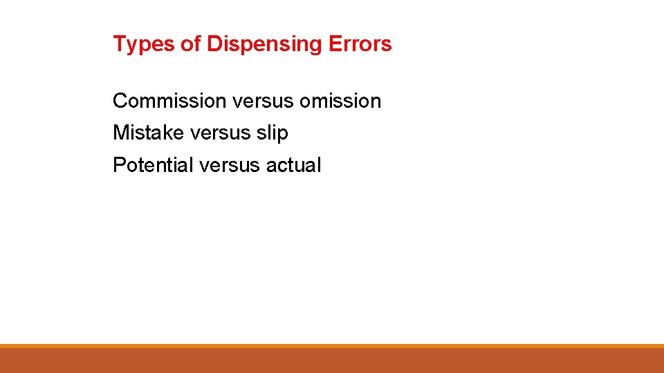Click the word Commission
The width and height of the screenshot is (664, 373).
click(x=169, y=101)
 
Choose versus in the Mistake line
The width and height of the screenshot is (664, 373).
click(x=220, y=133)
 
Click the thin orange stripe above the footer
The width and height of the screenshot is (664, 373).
click(x=332, y=346)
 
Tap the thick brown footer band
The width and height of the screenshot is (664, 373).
click(x=332, y=361)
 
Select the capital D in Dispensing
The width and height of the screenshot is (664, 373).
click(x=214, y=44)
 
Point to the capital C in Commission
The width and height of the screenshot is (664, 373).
click(x=120, y=101)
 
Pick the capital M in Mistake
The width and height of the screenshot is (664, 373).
click(x=121, y=133)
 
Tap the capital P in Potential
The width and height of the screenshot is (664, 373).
click(x=119, y=165)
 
